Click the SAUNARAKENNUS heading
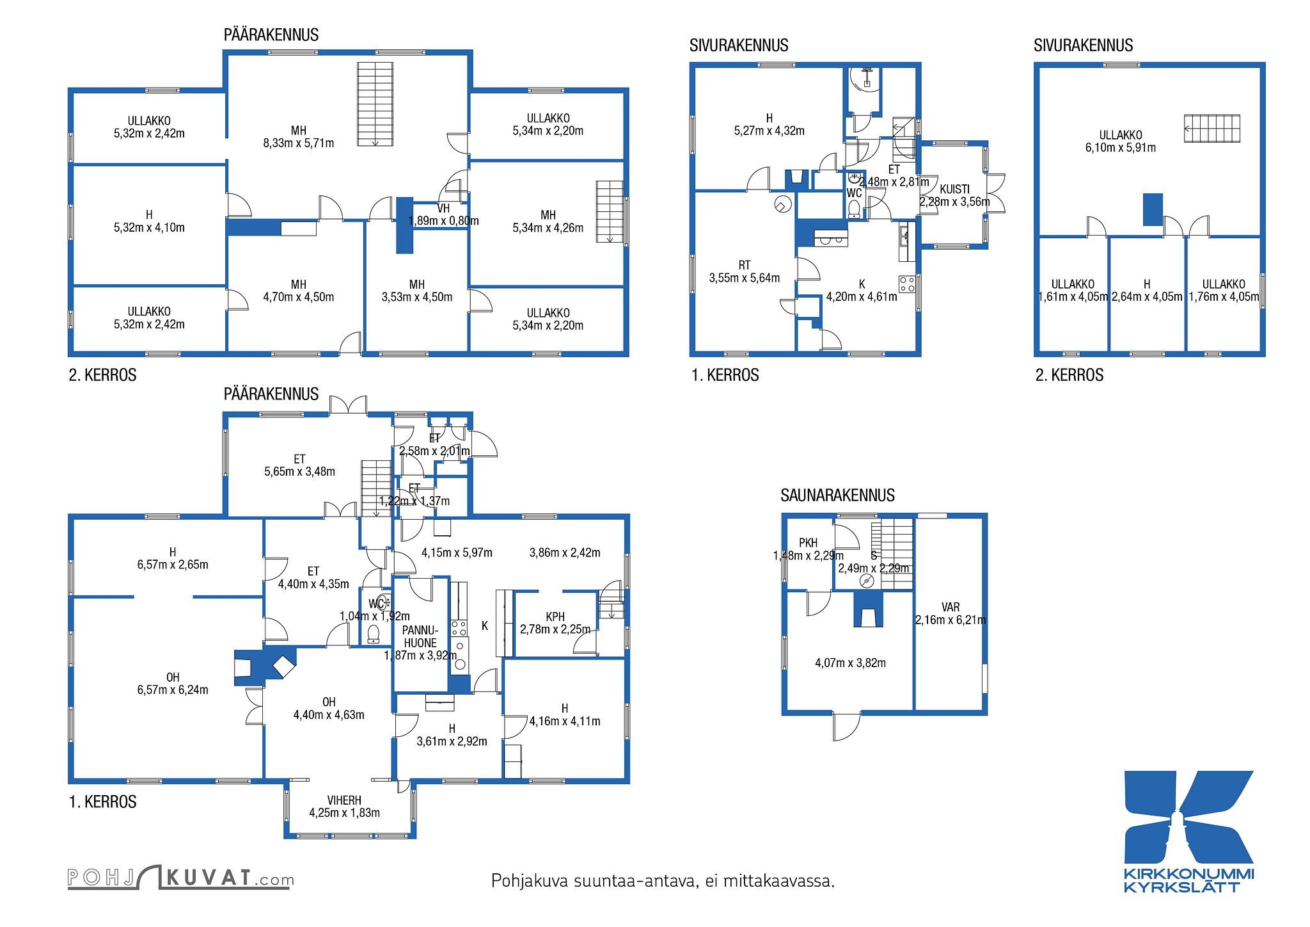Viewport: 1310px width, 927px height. click(x=837, y=495)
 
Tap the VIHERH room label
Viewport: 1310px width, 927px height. click(x=344, y=800)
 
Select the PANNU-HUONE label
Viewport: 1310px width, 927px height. click(x=420, y=636)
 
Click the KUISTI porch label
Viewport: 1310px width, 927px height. click(x=954, y=189)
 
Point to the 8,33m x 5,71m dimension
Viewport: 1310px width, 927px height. click(x=299, y=143)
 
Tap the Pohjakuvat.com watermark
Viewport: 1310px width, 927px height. click(x=181, y=877)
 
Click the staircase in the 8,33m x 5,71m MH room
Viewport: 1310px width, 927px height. click(x=375, y=104)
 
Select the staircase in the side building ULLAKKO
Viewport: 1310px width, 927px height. click(x=1211, y=128)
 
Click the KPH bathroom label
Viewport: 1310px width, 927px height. click(x=555, y=617)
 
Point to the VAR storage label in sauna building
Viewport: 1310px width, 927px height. click(x=951, y=607)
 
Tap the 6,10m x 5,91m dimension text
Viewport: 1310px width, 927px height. click(x=1121, y=148)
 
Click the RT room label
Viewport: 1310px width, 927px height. click(x=745, y=265)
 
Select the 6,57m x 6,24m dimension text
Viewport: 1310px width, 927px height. click(x=173, y=690)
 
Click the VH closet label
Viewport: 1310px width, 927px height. click(x=443, y=209)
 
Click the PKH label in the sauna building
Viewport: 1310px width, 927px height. click(x=809, y=543)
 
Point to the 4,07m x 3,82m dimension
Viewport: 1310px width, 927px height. click(x=851, y=663)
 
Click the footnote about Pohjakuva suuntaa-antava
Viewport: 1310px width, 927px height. click(x=663, y=882)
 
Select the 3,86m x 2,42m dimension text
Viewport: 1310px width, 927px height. click(x=565, y=552)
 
